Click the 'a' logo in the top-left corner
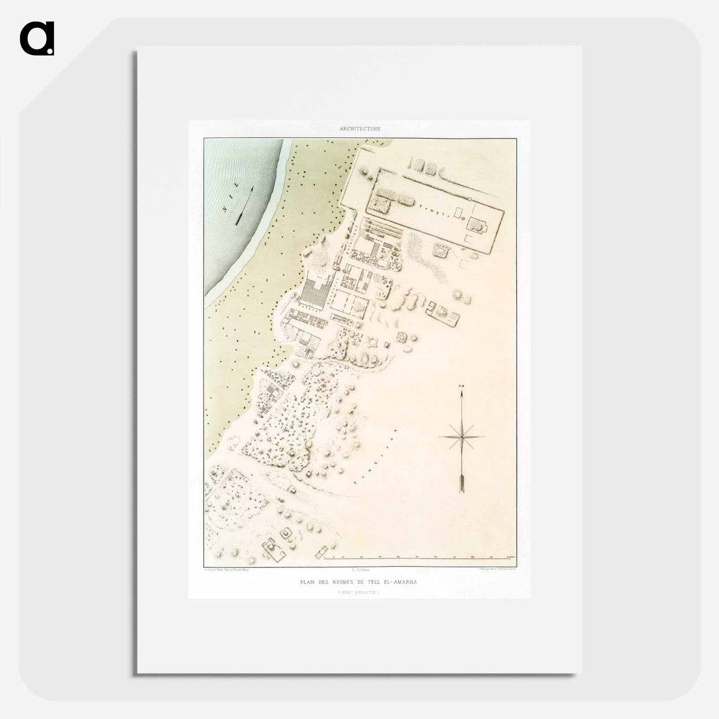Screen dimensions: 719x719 pyautogui.click(x=37, y=38)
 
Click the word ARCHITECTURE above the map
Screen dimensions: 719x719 pyautogui.click(x=361, y=129)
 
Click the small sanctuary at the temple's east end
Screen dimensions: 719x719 pyautogui.click(x=476, y=224)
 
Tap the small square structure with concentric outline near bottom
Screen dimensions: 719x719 pyautogui.click(x=287, y=534)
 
